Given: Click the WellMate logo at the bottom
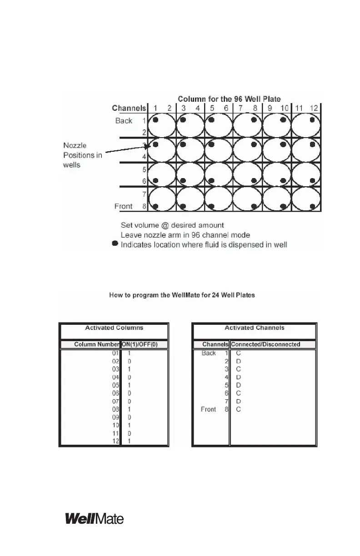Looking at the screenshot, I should click(95, 518).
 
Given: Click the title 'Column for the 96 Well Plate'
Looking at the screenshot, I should click(229, 99).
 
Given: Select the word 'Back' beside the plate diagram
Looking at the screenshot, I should click(124, 120).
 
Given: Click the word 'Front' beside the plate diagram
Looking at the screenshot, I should click(123, 206).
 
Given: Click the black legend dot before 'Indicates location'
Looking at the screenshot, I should click(115, 244).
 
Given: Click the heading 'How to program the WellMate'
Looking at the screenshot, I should click(182, 295).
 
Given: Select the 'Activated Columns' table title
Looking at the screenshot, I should click(114, 328).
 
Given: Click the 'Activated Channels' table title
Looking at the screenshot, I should click(254, 328).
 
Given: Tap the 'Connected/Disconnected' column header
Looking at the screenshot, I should click(265, 344).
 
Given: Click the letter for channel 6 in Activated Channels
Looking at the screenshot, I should click(239, 393).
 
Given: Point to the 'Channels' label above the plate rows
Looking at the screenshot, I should click(129, 108).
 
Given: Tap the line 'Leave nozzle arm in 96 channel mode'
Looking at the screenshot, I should click(185, 234).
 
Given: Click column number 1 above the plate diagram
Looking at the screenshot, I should click(155, 108).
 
